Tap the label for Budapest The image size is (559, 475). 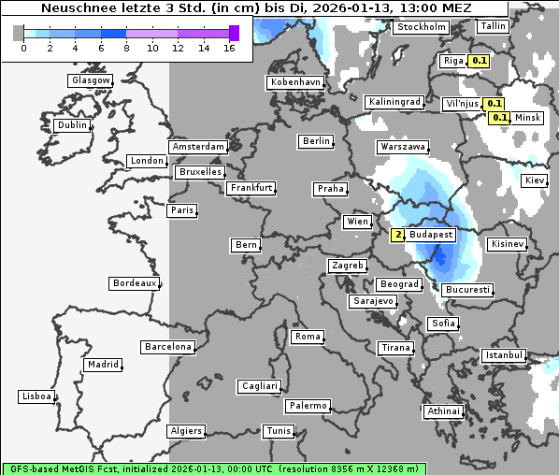[431, 235]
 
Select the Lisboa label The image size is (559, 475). [36, 396]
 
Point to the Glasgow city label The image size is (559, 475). [90, 80]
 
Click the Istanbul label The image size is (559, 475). [504, 355]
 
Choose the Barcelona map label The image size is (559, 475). [168, 347]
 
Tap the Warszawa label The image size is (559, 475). [403, 147]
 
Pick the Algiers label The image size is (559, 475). [185, 431]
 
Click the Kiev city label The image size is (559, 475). [535, 180]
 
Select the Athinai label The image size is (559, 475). [443, 411]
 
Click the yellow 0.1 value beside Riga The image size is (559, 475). [480, 61]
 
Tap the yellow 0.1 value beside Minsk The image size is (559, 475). [500, 118]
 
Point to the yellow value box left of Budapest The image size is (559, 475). [398, 235]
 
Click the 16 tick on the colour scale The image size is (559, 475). [229, 48]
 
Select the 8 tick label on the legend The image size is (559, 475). [126, 48]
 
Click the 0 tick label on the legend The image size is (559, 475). [22, 48]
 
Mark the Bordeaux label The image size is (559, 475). [134, 283]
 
